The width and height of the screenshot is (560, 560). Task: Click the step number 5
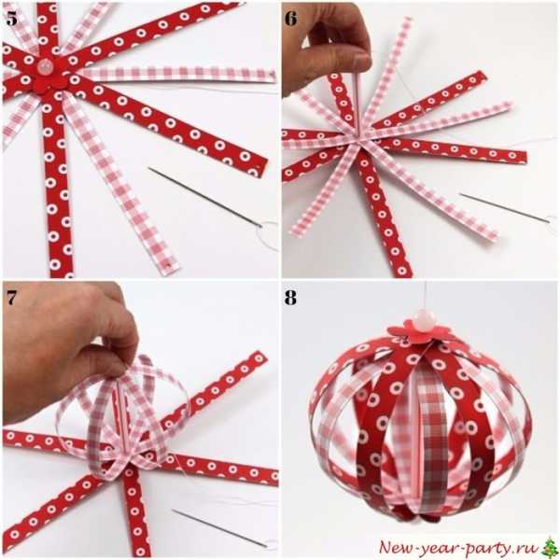(11, 19)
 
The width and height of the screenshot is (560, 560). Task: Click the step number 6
(290, 19)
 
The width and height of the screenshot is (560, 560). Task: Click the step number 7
(11, 297)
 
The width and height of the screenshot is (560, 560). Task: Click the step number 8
(290, 297)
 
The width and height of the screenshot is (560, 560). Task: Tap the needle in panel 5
(205, 196)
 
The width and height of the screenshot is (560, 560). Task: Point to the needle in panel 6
(505, 208)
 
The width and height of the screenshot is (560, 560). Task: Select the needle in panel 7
(219, 528)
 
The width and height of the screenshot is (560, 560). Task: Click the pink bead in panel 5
(46, 66)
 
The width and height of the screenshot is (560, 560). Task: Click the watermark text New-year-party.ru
(459, 547)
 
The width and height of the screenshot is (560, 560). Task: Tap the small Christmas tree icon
(550, 546)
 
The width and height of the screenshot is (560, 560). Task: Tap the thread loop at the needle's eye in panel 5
(268, 236)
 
